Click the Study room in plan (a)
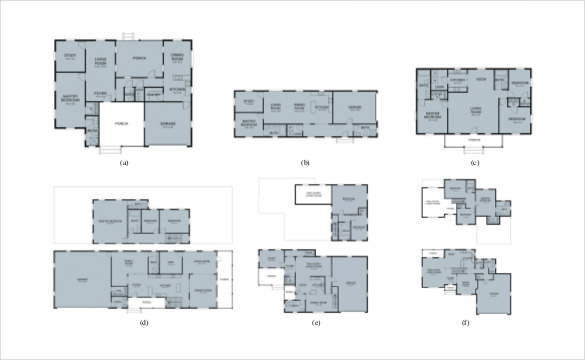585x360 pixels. (70, 56)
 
